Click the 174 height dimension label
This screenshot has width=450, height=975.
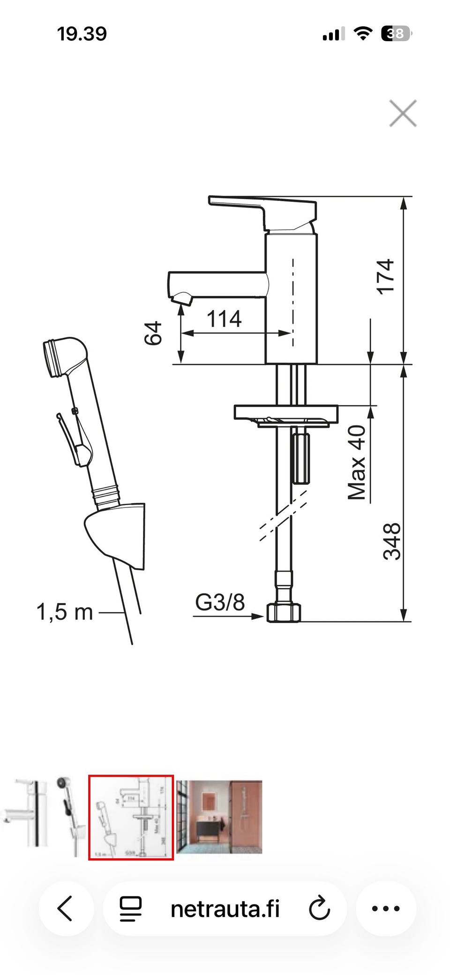[x=385, y=276]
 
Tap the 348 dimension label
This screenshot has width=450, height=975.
[x=392, y=541]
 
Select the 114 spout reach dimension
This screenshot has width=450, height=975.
[x=224, y=319]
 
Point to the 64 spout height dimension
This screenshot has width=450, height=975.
[x=153, y=333]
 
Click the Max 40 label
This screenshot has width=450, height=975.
[x=357, y=462]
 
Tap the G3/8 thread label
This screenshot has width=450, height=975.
[x=220, y=602]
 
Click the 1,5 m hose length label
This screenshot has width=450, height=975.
[x=65, y=612]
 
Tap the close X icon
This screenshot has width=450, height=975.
[x=403, y=113]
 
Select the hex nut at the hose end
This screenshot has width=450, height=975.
[x=284, y=612]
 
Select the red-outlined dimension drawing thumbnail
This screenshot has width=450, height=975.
[x=131, y=817]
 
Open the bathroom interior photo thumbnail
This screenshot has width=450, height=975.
[x=219, y=817]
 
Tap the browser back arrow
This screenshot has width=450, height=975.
[x=66, y=908]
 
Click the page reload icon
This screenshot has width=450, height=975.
[x=320, y=908]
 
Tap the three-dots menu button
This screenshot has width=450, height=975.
[x=386, y=908]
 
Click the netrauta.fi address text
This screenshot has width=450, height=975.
[x=225, y=908]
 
